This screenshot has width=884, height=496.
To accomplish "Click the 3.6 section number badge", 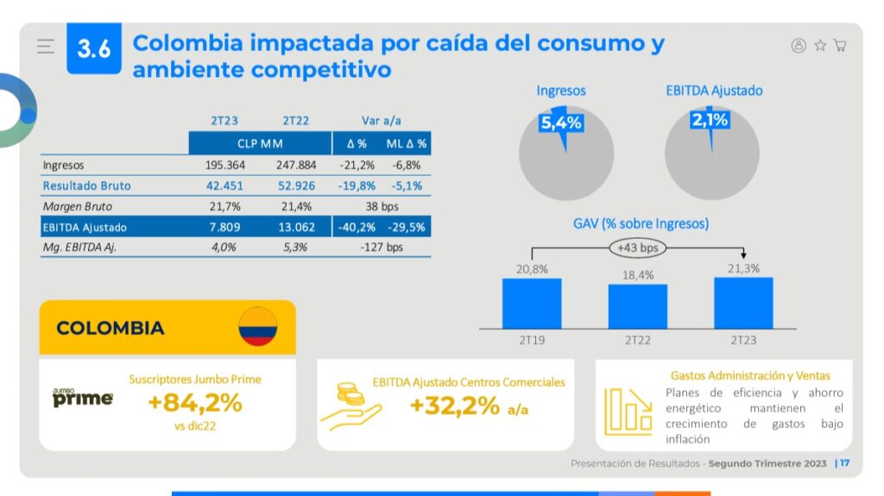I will [94, 48].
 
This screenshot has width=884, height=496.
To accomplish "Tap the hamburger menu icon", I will [46, 47].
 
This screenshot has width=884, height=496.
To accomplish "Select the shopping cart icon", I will [840, 46].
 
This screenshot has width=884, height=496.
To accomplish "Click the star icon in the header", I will [820, 46].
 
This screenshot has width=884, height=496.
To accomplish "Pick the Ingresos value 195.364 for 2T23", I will [225, 165].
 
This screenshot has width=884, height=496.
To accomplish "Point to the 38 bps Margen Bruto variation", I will [382, 207].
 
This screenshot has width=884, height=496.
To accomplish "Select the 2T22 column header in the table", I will [296, 121].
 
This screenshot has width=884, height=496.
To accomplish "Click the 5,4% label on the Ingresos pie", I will [561, 123].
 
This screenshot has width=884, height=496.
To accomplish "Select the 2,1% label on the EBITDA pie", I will [710, 121].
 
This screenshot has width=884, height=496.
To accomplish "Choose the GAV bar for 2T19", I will [532, 303].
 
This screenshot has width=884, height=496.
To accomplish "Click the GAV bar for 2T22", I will [638, 306].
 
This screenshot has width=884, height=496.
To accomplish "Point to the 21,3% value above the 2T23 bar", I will [743, 268].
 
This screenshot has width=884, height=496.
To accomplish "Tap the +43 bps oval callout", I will [637, 248].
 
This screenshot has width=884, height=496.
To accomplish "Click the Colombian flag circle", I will [257, 326].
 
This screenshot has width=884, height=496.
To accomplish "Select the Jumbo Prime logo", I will [83, 398].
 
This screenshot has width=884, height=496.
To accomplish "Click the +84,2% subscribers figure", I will [194, 403].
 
